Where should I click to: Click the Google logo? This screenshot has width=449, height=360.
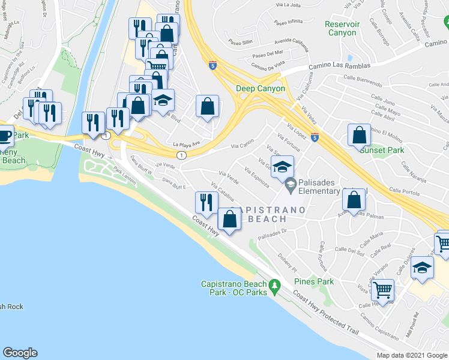(20, 353)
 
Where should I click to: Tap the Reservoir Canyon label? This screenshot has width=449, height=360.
(341, 29)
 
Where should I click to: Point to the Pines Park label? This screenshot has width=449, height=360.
(313, 281)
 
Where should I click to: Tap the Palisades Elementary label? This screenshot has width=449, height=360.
(328, 191)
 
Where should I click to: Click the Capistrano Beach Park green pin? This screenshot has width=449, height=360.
(275, 284)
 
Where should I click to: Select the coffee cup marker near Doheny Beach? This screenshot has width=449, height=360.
(5, 135)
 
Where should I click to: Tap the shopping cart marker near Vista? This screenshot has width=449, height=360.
(382, 290)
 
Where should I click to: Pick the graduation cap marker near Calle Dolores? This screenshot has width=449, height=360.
(422, 267)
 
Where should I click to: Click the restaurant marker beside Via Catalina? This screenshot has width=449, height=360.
(205, 203)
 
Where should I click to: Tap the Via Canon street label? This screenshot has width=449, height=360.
(243, 145)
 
